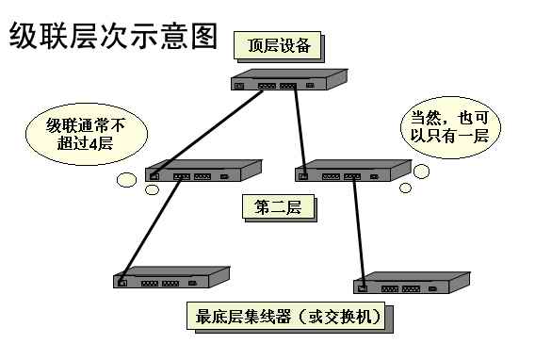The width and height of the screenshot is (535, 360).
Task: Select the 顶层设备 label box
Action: tap(284, 45)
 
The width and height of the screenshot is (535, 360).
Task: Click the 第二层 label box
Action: tap(277, 206)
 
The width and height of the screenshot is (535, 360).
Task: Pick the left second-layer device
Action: tap(203, 172)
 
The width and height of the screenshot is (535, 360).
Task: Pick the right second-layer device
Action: tap(352, 172)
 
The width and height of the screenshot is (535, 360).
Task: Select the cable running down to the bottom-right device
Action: tap(358, 231)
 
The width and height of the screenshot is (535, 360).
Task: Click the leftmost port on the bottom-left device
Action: tap(122, 282)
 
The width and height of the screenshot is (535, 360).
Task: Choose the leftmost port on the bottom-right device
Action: tap(364, 286)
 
